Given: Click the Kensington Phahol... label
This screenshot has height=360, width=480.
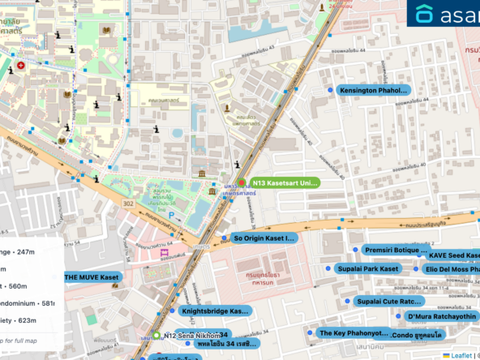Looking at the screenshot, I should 374,90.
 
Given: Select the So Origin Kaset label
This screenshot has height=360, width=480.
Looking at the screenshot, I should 263,238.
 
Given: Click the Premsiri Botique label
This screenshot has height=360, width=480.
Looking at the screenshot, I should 395,251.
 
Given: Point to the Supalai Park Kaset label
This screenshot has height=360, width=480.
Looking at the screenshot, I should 368,268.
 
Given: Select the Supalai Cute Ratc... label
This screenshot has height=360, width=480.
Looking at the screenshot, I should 389,302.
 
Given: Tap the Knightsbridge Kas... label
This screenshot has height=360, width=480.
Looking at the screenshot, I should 214,311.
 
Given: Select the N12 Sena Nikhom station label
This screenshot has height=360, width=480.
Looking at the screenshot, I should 191,335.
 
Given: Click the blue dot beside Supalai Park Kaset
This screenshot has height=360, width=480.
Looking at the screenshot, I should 328,268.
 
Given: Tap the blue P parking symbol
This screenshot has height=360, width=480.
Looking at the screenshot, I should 171,215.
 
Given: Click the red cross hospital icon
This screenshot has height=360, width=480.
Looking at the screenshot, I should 20,65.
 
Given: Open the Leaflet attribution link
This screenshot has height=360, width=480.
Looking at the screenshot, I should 461,355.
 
